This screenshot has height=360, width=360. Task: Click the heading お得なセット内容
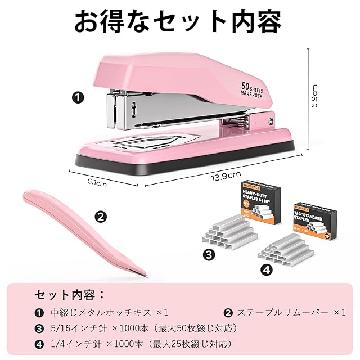point(179,21)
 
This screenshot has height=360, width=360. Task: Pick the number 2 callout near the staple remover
point(100,215)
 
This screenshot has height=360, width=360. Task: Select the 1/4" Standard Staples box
point(315,223)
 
